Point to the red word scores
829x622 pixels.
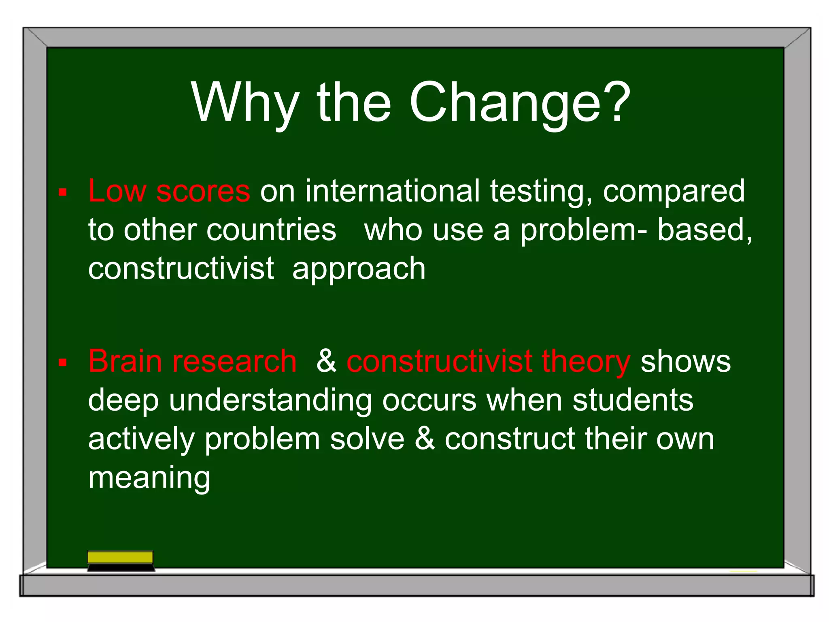coord(203,191)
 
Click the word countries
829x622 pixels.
coord(271,230)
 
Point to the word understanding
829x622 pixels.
coord(270,400)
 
